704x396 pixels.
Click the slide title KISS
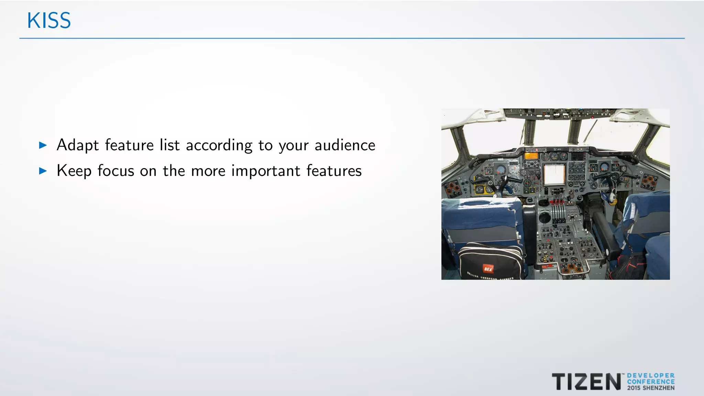click(x=49, y=21)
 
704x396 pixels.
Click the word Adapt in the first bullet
click(x=78, y=145)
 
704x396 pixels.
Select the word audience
click(x=345, y=145)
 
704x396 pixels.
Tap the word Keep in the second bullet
click(x=74, y=171)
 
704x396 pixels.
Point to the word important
click(x=266, y=171)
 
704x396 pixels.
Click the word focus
click(x=116, y=171)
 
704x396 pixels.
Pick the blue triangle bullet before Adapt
click(x=43, y=145)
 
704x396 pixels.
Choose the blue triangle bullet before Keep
click(x=43, y=171)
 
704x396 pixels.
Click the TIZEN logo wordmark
click(x=586, y=382)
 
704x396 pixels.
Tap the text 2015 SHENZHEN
click(x=651, y=388)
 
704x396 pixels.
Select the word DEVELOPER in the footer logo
click(x=651, y=376)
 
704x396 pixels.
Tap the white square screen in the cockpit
click(x=554, y=174)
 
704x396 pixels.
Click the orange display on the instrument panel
click(x=531, y=156)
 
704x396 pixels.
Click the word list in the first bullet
click(x=169, y=145)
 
